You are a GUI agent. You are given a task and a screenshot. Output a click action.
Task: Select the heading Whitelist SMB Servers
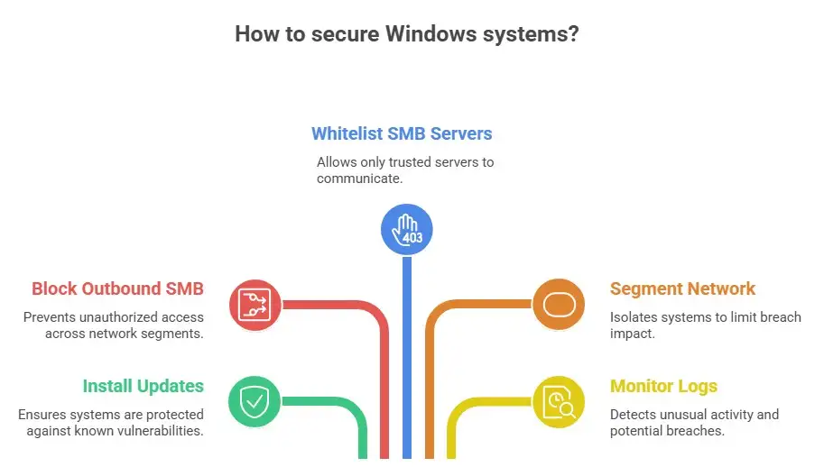(x=402, y=133)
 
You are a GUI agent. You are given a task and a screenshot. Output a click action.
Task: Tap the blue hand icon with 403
(x=406, y=229)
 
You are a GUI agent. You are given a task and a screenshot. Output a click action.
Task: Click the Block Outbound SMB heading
(x=117, y=288)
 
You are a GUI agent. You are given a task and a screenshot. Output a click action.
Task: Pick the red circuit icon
(x=255, y=304)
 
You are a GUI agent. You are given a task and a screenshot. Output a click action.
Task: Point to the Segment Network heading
(x=682, y=288)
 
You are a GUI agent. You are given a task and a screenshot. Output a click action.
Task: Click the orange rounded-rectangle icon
(x=558, y=304)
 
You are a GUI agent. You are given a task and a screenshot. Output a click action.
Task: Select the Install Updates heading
(x=143, y=386)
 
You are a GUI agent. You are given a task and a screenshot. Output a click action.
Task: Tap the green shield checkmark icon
(x=255, y=401)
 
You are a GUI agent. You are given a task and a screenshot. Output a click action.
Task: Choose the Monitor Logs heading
(x=663, y=386)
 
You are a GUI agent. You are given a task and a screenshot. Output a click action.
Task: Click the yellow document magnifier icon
(x=558, y=401)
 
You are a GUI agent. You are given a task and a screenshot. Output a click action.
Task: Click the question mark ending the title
(x=573, y=34)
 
